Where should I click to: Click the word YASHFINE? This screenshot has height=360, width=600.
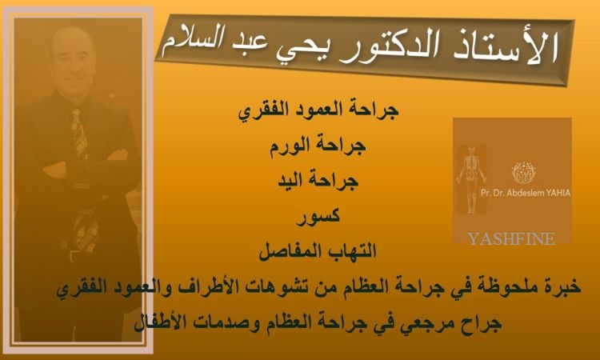(x=511, y=238)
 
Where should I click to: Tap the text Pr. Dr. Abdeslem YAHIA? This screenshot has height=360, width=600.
(x=526, y=193)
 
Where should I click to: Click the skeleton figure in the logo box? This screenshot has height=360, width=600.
(x=471, y=179)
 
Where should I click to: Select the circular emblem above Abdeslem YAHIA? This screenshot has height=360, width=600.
(x=524, y=172)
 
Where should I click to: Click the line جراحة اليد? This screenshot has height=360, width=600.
(x=318, y=180)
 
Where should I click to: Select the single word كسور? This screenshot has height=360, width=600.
(x=318, y=217)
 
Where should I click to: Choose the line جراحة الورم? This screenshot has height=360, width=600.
(x=318, y=146)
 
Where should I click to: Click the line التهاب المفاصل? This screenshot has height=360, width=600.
(x=318, y=252)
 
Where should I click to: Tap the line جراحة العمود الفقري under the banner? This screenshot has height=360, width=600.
(x=318, y=111)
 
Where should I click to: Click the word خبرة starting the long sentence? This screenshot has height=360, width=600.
(x=562, y=286)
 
